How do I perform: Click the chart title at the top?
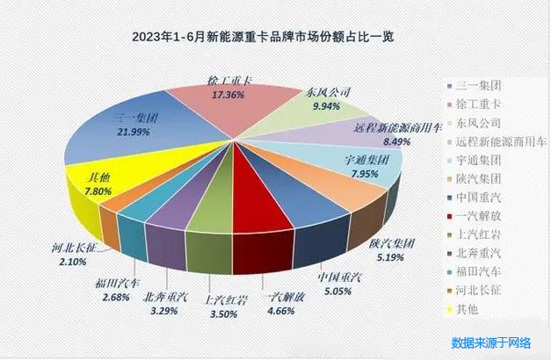pyautogui.click(x=263, y=36)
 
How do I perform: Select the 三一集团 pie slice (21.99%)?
pyautogui.click(x=132, y=140)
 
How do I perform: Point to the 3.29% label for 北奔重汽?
pyautogui.click(x=165, y=309)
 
